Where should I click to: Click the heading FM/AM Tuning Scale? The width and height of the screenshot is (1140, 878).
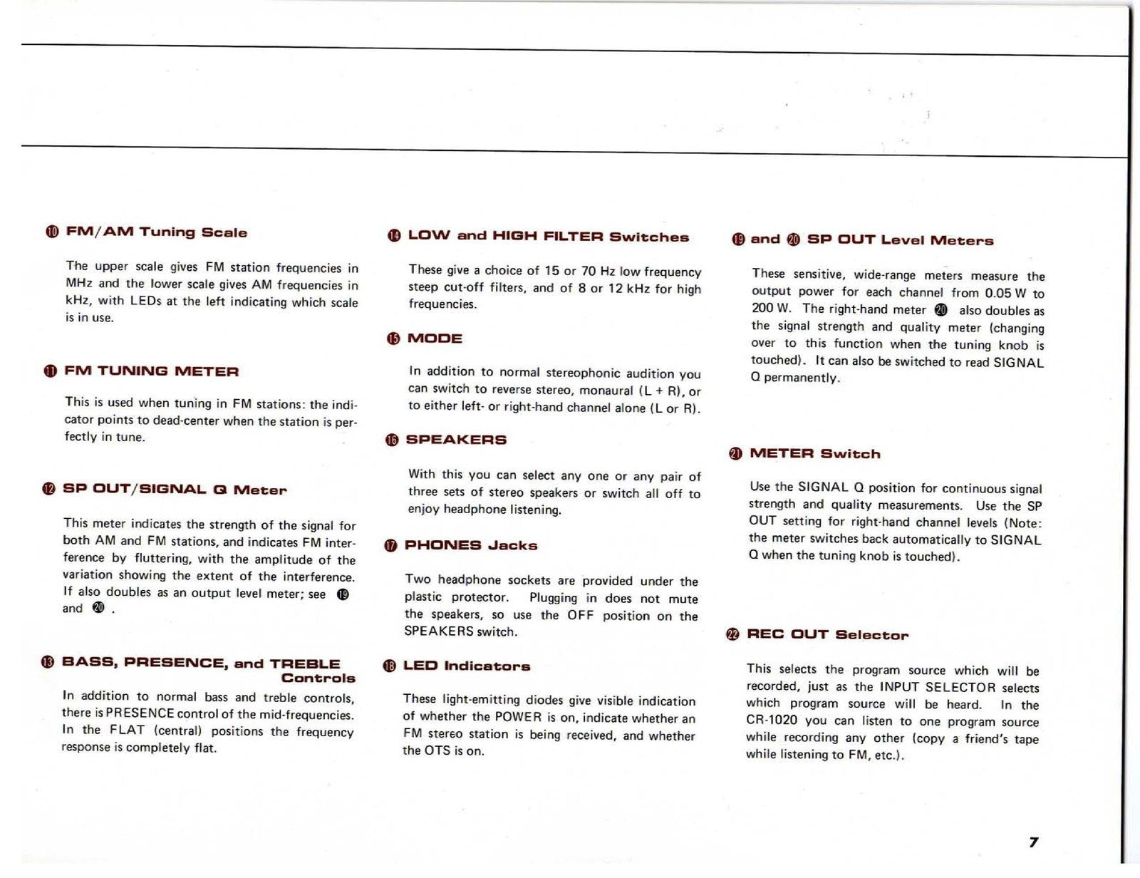[x=156, y=232]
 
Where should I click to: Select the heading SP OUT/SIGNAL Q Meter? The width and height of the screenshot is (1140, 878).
[x=175, y=490]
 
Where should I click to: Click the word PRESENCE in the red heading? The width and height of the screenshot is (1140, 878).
[x=175, y=663]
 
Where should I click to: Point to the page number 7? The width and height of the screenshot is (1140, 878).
[x=1033, y=842]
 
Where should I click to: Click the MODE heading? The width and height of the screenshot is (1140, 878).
[x=435, y=339]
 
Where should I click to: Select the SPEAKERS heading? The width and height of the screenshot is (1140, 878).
[x=456, y=440]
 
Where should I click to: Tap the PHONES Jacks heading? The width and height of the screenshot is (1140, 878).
[x=470, y=546]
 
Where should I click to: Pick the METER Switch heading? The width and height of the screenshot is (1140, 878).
[x=815, y=454]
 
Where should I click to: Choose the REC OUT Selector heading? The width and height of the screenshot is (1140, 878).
[x=827, y=635]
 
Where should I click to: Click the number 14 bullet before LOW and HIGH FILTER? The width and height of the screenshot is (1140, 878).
[x=394, y=237]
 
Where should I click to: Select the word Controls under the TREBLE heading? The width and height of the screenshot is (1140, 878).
[x=318, y=678]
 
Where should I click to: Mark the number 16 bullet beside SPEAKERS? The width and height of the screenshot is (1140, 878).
[x=392, y=440]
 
